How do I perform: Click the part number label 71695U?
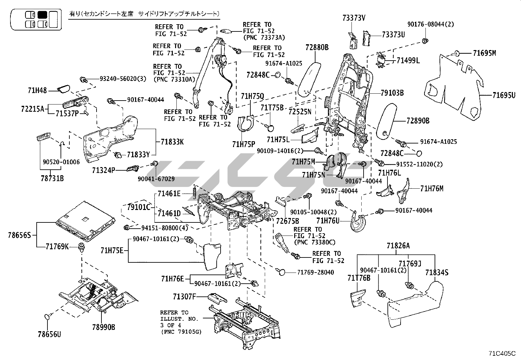504,95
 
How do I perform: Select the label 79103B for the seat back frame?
392,93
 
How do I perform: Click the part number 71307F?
184,297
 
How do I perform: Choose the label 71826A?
398,246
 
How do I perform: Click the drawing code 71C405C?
502,353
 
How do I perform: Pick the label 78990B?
103,327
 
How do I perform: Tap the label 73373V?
354,18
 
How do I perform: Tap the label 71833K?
172,142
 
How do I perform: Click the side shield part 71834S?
416,303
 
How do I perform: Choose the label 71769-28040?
316,272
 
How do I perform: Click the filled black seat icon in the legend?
42,15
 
